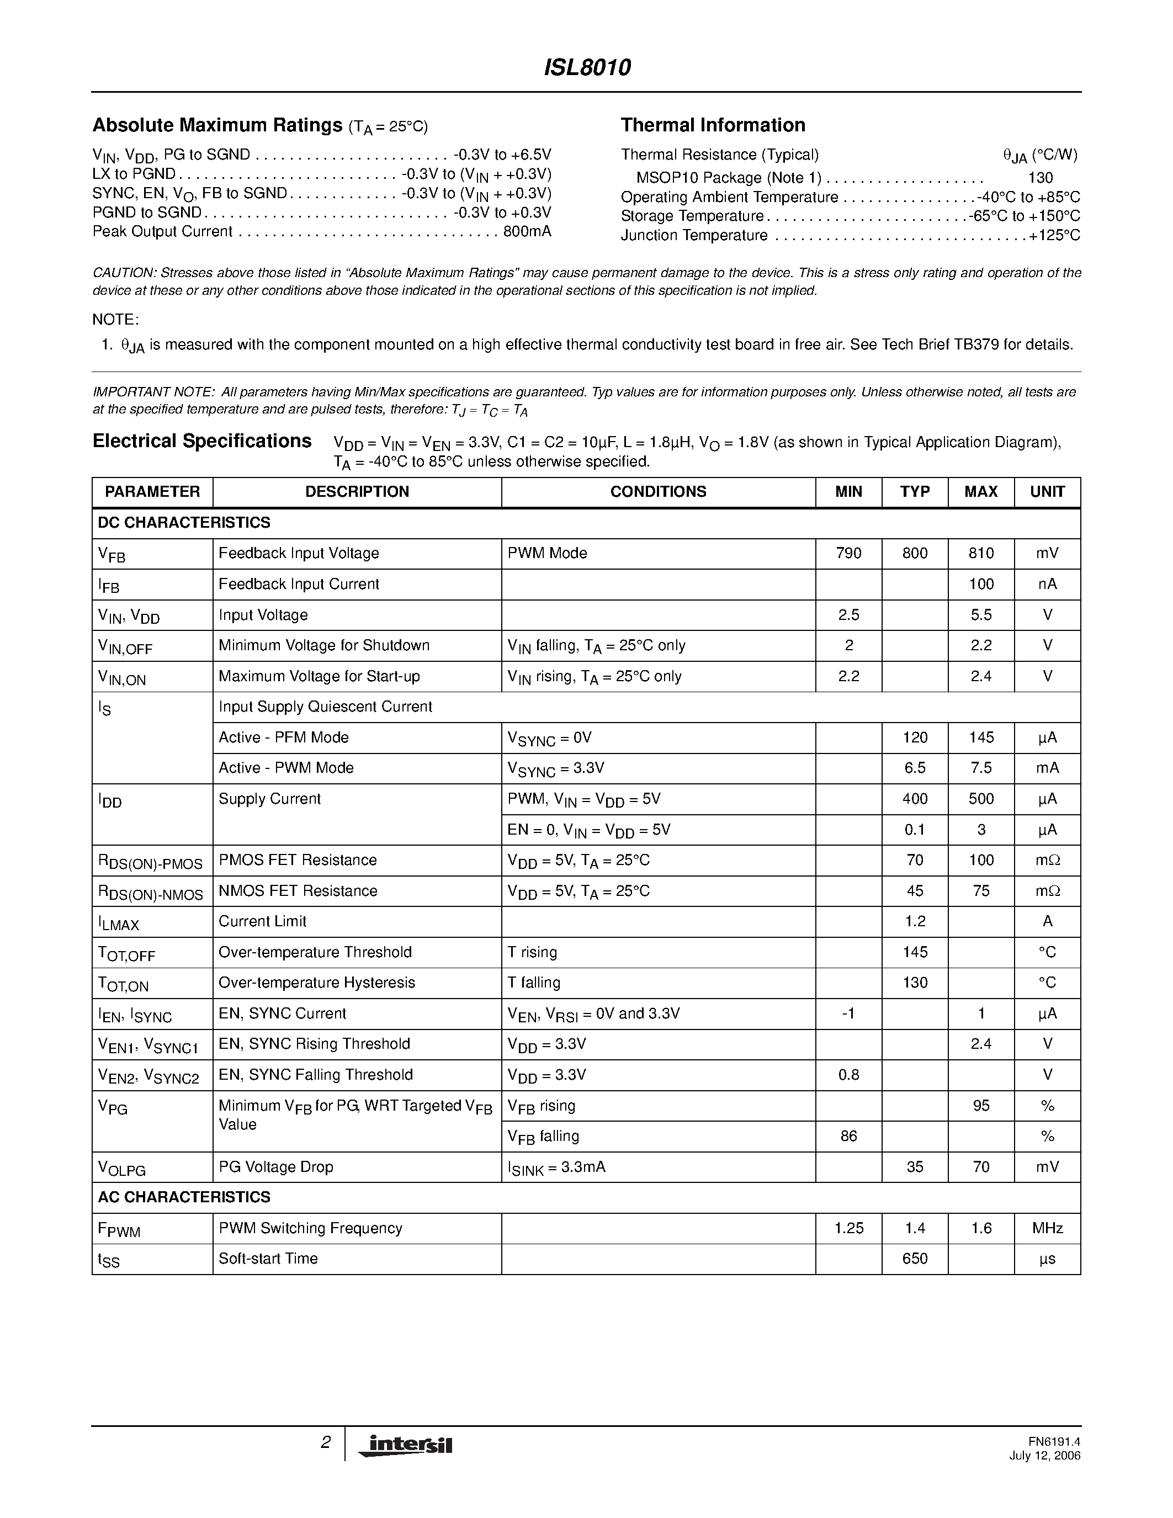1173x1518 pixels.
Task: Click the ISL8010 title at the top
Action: click(586, 67)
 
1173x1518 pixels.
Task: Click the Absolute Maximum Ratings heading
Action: click(217, 125)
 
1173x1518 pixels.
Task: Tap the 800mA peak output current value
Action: click(527, 231)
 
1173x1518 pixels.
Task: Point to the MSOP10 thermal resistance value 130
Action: click(1039, 178)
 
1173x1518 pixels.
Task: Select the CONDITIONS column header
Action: click(657, 492)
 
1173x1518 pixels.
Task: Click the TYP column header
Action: click(915, 492)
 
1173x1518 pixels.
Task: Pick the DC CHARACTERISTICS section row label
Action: click(184, 523)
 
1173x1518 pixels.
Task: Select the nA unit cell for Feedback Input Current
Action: click(1047, 585)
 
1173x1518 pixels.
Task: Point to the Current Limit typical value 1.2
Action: click(915, 922)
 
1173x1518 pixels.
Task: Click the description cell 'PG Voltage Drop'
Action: click(276, 1167)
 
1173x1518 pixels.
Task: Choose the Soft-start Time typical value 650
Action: click(915, 1259)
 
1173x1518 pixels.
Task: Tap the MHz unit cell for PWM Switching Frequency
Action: click(1047, 1228)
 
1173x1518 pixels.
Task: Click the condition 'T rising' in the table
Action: click(532, 952)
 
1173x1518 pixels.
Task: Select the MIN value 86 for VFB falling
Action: click(848, 1137)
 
